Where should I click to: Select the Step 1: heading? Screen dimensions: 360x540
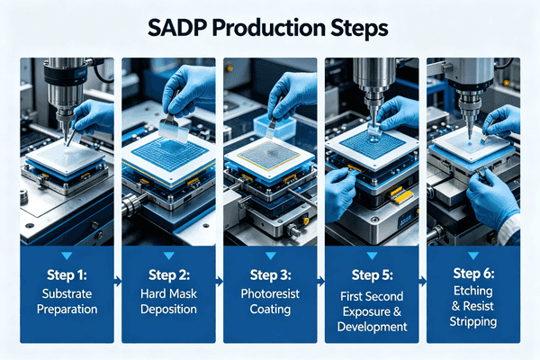tap(67, 274)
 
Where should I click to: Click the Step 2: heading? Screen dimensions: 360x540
tap(167, 274)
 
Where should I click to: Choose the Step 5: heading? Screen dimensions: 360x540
tap(370, 274)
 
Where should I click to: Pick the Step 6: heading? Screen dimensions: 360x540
tap(471, 274)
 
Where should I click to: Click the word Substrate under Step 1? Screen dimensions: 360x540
tap(67, 295)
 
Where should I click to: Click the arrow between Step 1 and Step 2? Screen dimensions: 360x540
tap(118, 282)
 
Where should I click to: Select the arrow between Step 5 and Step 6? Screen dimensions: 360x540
tap(421, 282)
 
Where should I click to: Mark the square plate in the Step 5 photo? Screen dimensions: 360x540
tap(369, 144)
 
